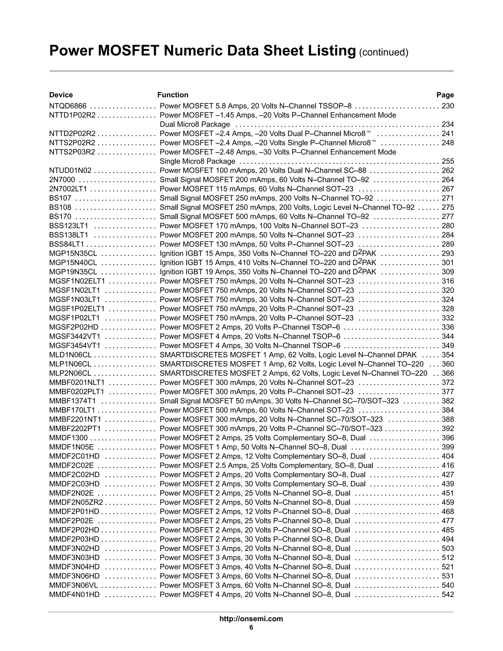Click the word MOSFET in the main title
(x=128, y=51)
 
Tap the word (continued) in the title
(x=383, y=53)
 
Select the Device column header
(x=61, y=95)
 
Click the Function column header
(x=173, y=95)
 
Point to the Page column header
(x=445, y=95)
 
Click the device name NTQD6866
(x=68, y=106)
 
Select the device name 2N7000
(x=62, y=180)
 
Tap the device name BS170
(x=60, y=217)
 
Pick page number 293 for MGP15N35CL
(x=447, y=253)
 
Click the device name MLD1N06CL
(x=70, y=355)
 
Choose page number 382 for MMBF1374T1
(x=447, y=401)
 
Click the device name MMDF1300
(x=68, y=438)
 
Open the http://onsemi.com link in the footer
(x=251, y=619)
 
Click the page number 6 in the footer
(x=251, y=627)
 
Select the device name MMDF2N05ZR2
(x=76, y=502)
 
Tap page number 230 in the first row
(x=447, y=106)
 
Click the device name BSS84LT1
(x=67, y=244)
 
